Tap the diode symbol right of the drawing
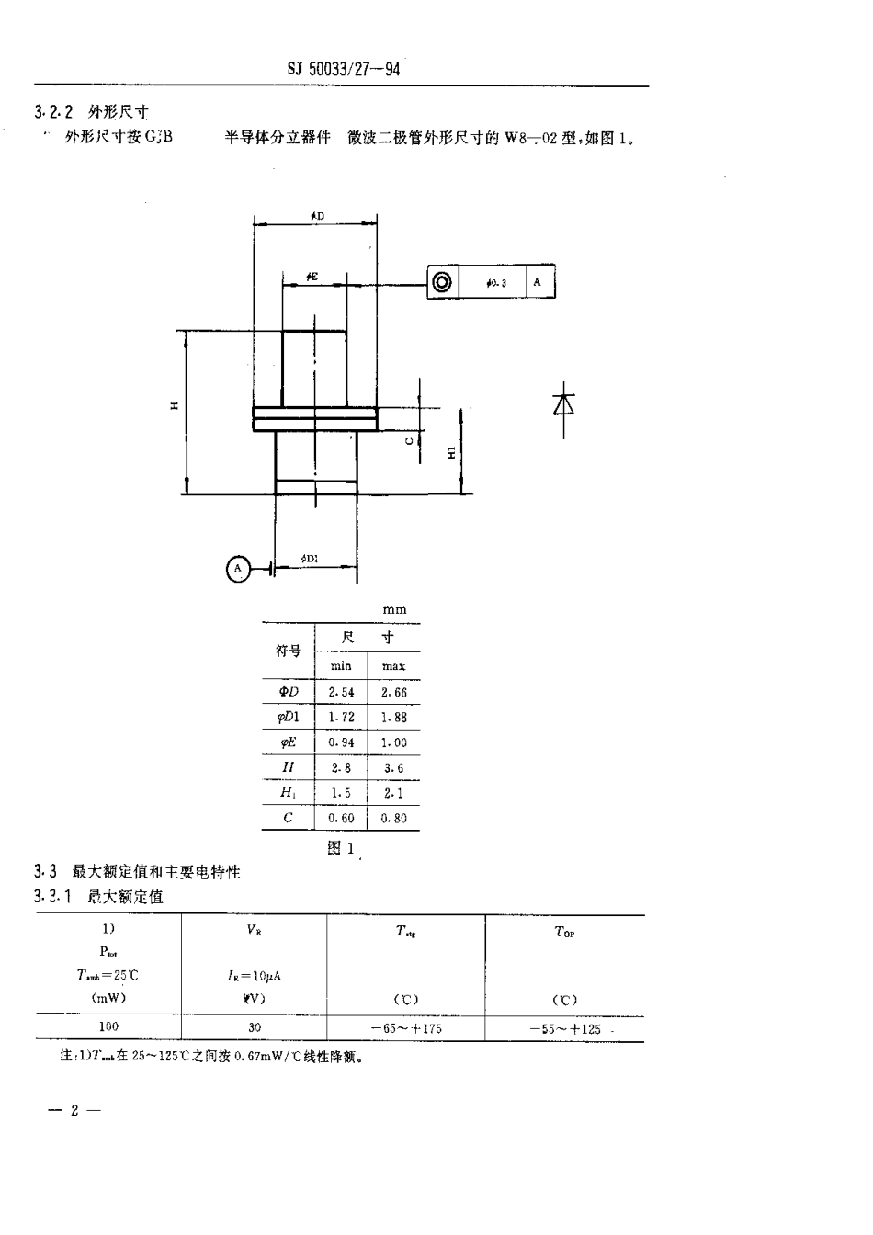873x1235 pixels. pyautogui.click(x=563, y=404)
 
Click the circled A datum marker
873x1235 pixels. pyautogui.click(x=238, y=570)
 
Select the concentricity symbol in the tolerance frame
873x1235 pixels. pyautogui.click(x=442, y=282)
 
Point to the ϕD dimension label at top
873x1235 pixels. pyautogui.click(x=317, y=216)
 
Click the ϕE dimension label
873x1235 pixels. pyautogui.click(x=312, y=277)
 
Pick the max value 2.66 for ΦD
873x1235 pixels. pyautogui.click(x=393, y=693)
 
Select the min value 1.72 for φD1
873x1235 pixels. pyautogui.click(x=341, y=718)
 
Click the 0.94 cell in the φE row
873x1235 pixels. pyautogui.click(x=341, y=742)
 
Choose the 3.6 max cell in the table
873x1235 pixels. pyautogui.click(x=393, y=768)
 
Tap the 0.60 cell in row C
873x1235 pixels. pyautogui.click(x=341, y=818)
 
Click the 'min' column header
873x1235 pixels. pyautogui.click(x=341, y=666)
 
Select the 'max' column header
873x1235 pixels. pyautogui.click(x=393, y=666)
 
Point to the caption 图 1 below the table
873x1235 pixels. pyautogui.click(x=340, y=848)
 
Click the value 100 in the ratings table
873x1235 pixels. pyautogui.click(x=108, y=1027)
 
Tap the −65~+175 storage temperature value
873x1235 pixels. pyautogui.click(x=406, y=1028)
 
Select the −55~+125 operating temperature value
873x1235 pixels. pyautogui.click(x=565, y=1028)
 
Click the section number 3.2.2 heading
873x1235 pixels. pyautogui.click(x=53, y=112)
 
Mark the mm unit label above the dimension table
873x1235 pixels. pyautogui.click(x=394, y=610)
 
